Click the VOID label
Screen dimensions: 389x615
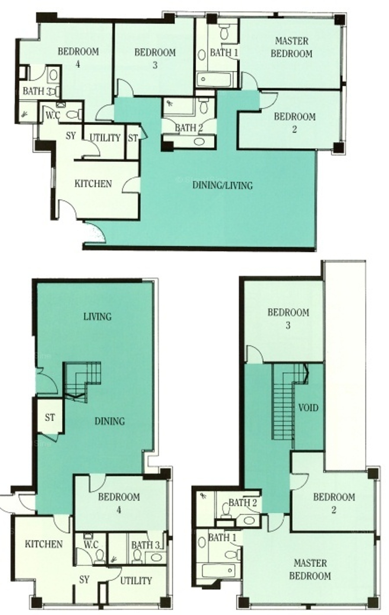click(308, 407)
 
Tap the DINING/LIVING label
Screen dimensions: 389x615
click(223, 186)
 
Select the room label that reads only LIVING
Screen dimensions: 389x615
click(97, 317)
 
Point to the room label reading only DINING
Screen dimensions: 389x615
click(110, 421)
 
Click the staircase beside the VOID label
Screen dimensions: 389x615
click(290, 402)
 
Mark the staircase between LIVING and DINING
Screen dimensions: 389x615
click(82, 382)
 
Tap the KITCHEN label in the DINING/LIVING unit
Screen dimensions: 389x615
click(93, 183)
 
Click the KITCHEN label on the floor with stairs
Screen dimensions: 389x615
click(44, 544)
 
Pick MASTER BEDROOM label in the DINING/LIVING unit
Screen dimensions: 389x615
click(291, 47)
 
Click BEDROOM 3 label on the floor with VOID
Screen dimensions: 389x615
click(288, 319)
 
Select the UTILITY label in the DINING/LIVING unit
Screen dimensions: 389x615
click(105, 138)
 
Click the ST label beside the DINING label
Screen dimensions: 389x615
click(50, 418)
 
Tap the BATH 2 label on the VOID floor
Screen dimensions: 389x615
click(243, 503)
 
